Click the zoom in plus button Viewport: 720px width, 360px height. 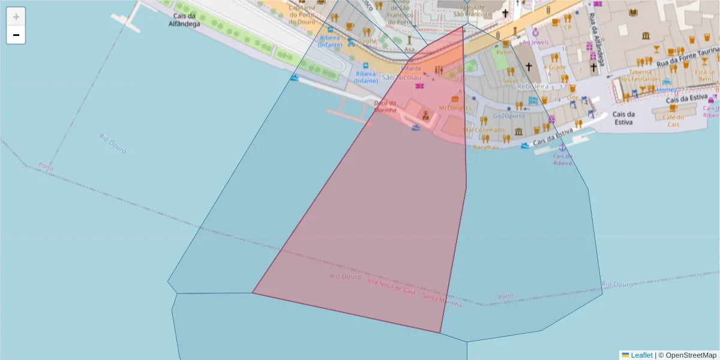[x=16, y=17]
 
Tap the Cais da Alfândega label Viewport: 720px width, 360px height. [x=183, y=21]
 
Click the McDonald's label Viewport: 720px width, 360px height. [x=455, y=108]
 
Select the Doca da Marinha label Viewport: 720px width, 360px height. [x=385, y=106]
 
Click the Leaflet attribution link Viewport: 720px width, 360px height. [x=641, y=355]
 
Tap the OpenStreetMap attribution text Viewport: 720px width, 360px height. [x=690, y=355]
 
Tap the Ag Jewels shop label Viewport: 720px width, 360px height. [x=536, y=43]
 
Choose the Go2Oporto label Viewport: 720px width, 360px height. [x=508, y=116]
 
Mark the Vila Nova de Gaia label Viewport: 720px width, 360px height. [x=391, y=286]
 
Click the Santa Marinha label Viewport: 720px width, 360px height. [x=442, y=301]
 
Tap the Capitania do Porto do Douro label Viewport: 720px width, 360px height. [x=301, y=14]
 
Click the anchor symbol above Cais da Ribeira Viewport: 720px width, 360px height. [x=562, y=148]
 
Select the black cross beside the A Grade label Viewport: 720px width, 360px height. [x=529, y=67]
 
